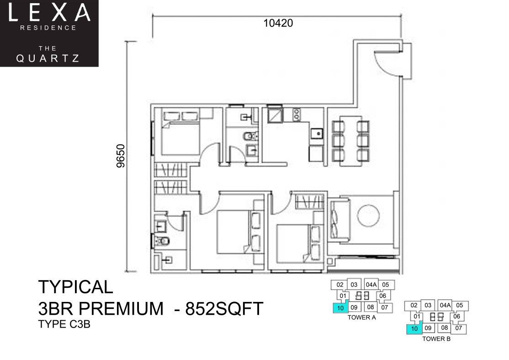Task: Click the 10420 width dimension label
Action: (x=278, y=23)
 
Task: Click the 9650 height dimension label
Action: (x=121, y=156)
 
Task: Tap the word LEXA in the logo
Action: (x=49, y=13)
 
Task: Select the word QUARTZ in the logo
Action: (x=48, y=58)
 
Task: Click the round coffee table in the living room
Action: (x=368, y=216)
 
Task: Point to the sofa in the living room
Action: (x=339, y=219)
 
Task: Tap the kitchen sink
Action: (x=317, y=133)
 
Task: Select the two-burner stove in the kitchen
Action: (x=297, y=115)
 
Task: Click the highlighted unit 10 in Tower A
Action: (x=340, y=308)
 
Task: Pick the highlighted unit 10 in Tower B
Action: (x=414, y=328)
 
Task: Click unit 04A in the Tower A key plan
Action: (x=371, y=285)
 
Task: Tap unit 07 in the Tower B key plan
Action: (x=458, y=328)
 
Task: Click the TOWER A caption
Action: (x=361, y=318)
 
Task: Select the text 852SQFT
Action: (x=224, y=309)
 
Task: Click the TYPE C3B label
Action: (x=64, y=324)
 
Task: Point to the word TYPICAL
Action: (x=76, y=287)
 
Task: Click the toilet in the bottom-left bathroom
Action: (x=161, y=241)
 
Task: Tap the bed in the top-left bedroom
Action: (x=180, y=133)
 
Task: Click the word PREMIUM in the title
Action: (x=122, y=309)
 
